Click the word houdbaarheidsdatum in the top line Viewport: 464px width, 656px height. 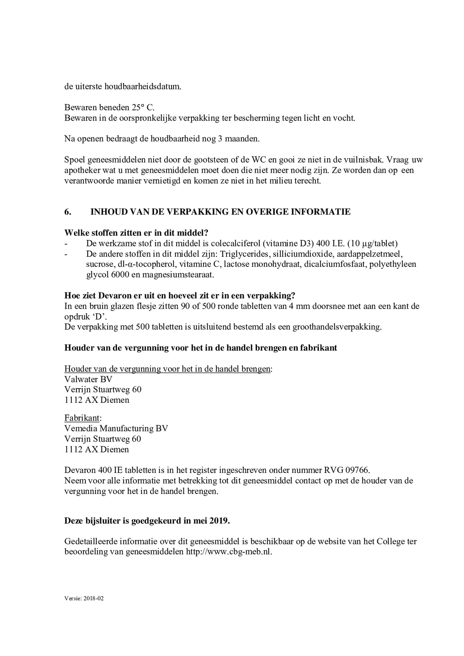coord(138,87)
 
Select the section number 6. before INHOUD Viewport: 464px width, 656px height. coord(68,212)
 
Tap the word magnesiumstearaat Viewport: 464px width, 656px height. coord(178,275)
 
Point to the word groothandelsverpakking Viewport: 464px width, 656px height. coord(337,327)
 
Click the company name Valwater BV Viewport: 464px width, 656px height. coord(88,379)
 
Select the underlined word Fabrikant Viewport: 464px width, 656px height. coord(82,418)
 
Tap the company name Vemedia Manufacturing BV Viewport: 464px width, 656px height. coord(116,429)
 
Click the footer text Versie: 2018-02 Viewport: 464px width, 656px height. coord(84,599)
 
